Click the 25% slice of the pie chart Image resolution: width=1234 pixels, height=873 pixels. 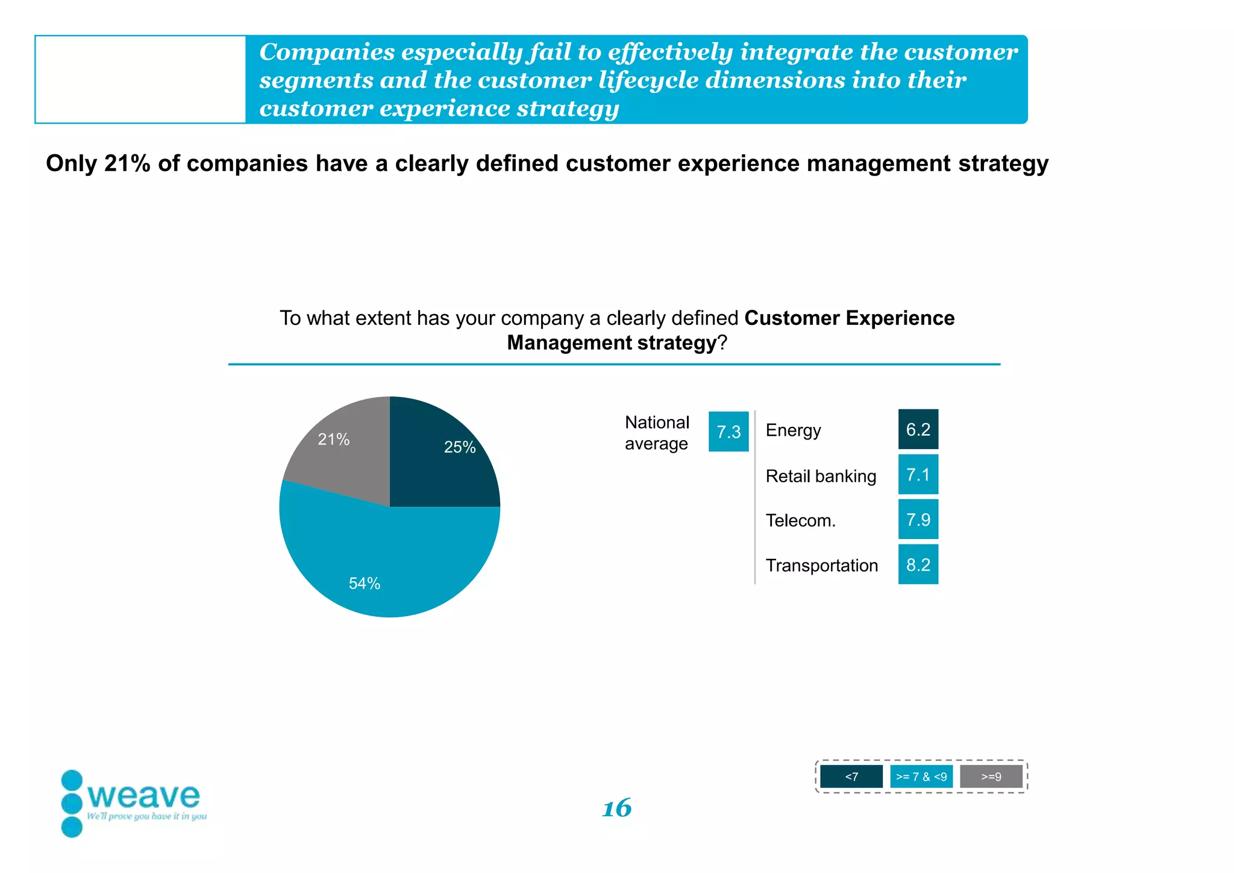point(446,458)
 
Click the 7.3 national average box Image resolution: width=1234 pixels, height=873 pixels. point(728,432)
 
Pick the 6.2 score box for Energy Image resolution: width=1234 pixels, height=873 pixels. point(918,429)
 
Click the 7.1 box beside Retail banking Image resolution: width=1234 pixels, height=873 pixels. point(918,474)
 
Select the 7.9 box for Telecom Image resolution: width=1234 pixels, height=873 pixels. point(918,519)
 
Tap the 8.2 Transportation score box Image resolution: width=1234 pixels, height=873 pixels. point(918,564)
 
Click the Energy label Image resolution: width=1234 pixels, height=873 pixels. point(793,430)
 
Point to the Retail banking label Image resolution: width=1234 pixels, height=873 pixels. point(821,476)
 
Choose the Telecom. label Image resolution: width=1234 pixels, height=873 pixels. point(800,520)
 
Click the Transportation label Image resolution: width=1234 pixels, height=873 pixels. point(821,566)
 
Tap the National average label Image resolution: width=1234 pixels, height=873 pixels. point(657,433)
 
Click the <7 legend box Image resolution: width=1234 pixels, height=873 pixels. point(851,777)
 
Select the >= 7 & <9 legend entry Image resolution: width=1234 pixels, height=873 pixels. point(921,777)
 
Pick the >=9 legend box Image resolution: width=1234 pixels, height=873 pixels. point(991,777)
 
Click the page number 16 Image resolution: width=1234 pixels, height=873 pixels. point(617,808)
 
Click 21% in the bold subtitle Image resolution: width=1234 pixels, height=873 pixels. point(127,163)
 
